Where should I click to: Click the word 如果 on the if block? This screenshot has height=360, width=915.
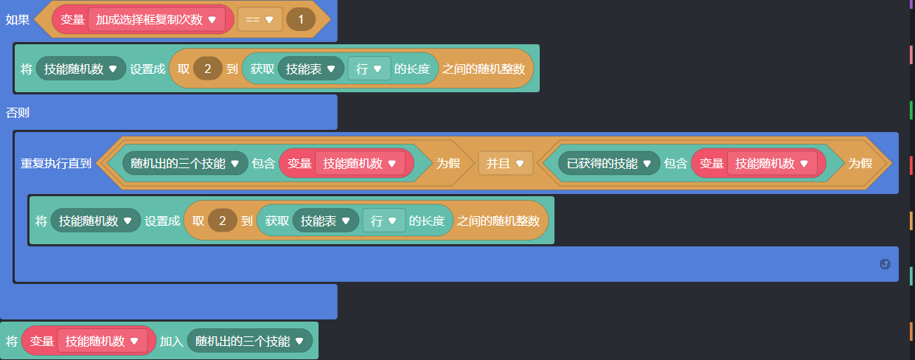point(18,20)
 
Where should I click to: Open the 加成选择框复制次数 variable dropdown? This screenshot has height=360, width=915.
point(156,20)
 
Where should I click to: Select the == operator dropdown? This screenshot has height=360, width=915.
point(260,20)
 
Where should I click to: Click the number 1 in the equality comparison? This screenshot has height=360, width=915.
point(301,20)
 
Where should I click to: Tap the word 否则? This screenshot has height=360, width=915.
point(18,113)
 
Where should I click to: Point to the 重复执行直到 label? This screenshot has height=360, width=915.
point(56,163)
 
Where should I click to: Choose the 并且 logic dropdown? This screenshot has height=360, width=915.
point(505,163)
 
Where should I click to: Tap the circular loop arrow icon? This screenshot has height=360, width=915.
point(885,264)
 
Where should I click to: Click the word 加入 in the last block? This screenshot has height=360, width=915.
point(171,341)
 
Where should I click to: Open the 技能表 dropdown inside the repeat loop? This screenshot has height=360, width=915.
point(325,221)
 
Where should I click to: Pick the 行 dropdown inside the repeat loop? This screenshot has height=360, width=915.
point(383,221)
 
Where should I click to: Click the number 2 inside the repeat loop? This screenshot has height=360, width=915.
point(222,221)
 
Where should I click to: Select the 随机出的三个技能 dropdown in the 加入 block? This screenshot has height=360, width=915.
point(249,341)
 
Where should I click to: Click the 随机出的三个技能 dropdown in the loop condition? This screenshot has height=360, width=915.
point(185,163)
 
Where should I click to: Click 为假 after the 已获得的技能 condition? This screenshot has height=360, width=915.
point(860,163)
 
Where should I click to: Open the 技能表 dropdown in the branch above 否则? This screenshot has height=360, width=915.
point(310,69)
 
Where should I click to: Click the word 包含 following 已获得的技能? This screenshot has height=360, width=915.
point(675,163)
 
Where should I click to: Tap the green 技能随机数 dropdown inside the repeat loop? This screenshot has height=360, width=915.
point(95,221)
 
